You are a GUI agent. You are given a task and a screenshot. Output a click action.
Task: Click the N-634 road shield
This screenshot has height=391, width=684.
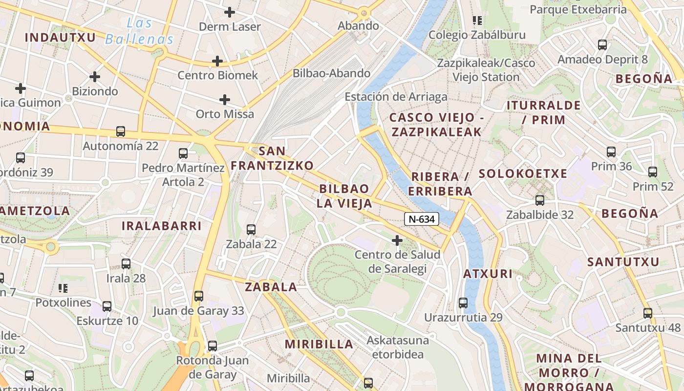[x=421, y=219]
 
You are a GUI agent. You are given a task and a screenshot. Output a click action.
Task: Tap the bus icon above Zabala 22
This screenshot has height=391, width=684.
[x=251, y=229]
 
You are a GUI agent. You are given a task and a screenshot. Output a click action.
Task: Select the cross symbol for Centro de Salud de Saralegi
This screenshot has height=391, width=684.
[x=397, y=240]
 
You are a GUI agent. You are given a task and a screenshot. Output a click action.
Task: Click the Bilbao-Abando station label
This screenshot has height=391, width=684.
[x=331, y=73]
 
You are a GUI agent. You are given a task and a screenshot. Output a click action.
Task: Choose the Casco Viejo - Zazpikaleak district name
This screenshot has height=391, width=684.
[x=436, y=125]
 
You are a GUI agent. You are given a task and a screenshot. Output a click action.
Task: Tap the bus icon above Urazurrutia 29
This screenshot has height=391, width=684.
[x=463, y=303]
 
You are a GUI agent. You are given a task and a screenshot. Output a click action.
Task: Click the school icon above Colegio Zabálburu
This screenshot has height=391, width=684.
[x=477, y=21]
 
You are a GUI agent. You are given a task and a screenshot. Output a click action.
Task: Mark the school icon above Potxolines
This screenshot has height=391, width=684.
[x=63, y=288]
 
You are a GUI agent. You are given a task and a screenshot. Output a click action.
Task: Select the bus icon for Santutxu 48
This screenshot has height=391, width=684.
[x=648, y=313]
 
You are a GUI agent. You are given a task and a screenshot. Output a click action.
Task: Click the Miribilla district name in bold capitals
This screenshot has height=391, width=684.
[x=319, y=344]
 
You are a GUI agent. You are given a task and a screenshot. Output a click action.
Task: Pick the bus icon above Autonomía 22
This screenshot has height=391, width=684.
[x=120, y=131]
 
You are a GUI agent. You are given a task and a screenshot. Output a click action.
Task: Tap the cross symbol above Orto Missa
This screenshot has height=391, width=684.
[x=225, y=100]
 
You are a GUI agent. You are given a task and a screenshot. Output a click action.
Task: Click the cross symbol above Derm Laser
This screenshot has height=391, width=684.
[x=230, y=12]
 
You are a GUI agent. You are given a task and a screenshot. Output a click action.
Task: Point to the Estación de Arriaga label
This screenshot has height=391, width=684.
[x=396, y=97]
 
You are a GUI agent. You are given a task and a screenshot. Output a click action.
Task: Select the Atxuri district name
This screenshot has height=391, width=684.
[x=488, y=274]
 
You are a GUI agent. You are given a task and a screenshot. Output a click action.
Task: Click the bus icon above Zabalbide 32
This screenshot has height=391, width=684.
[x=540, y=200]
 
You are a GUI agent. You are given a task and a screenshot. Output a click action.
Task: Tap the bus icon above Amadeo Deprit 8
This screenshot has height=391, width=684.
[x=602, y=45]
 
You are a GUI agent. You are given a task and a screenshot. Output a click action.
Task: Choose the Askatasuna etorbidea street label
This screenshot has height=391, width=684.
[x=398, y=347]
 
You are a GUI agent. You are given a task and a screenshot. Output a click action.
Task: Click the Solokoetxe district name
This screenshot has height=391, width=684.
[x=523, y=174]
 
